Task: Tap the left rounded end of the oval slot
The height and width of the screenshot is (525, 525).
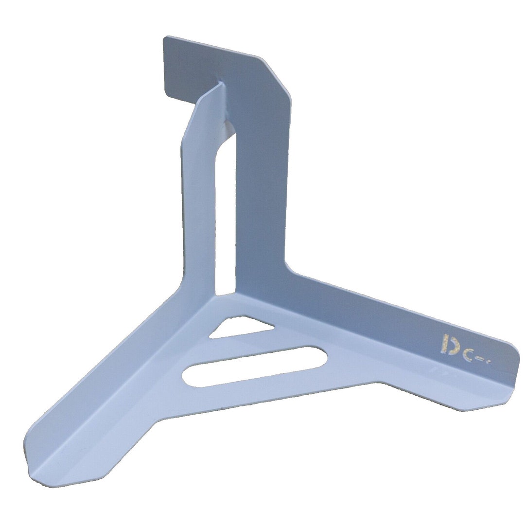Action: (190, 377)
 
